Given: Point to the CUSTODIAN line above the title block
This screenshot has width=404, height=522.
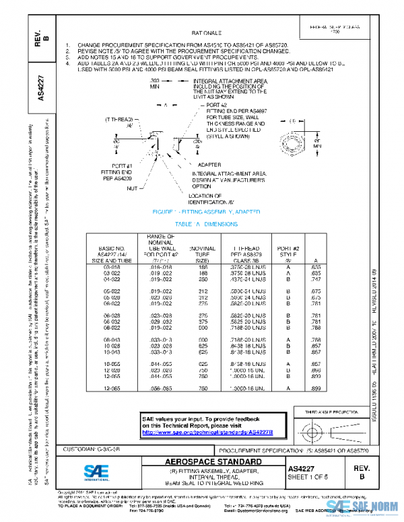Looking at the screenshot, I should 93,447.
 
